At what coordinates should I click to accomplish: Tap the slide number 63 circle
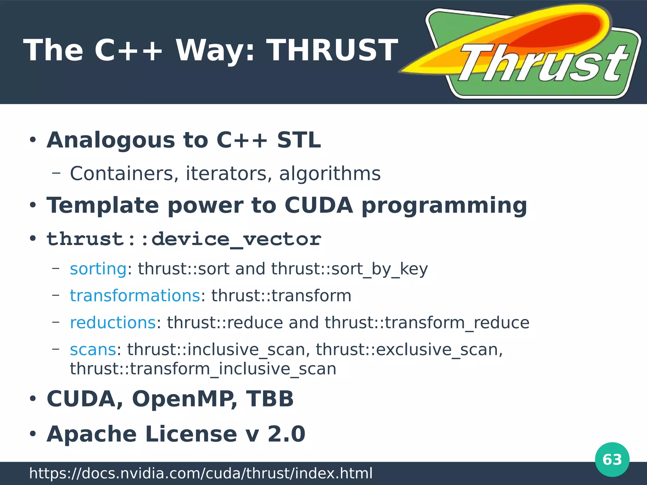point(612,459)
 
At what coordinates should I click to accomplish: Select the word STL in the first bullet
point(299,140)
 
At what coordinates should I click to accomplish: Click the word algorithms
point(330,174)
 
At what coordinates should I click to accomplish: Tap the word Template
point(103,205)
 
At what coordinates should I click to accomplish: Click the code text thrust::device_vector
point(184,239)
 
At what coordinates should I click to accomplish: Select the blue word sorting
point(98,269)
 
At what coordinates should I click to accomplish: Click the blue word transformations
point(135,296)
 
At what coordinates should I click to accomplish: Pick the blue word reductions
point(113,323)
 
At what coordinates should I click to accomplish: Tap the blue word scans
point(93,350)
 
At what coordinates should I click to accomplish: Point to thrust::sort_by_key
point(349,269)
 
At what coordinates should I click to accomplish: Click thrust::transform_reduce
point(427,323)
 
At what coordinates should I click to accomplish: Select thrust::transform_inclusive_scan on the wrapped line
point(203,369)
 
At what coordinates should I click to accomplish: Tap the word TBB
point(270,398)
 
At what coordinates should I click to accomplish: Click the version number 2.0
point(287,434)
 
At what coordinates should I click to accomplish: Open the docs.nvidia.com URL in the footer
point(201,473)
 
